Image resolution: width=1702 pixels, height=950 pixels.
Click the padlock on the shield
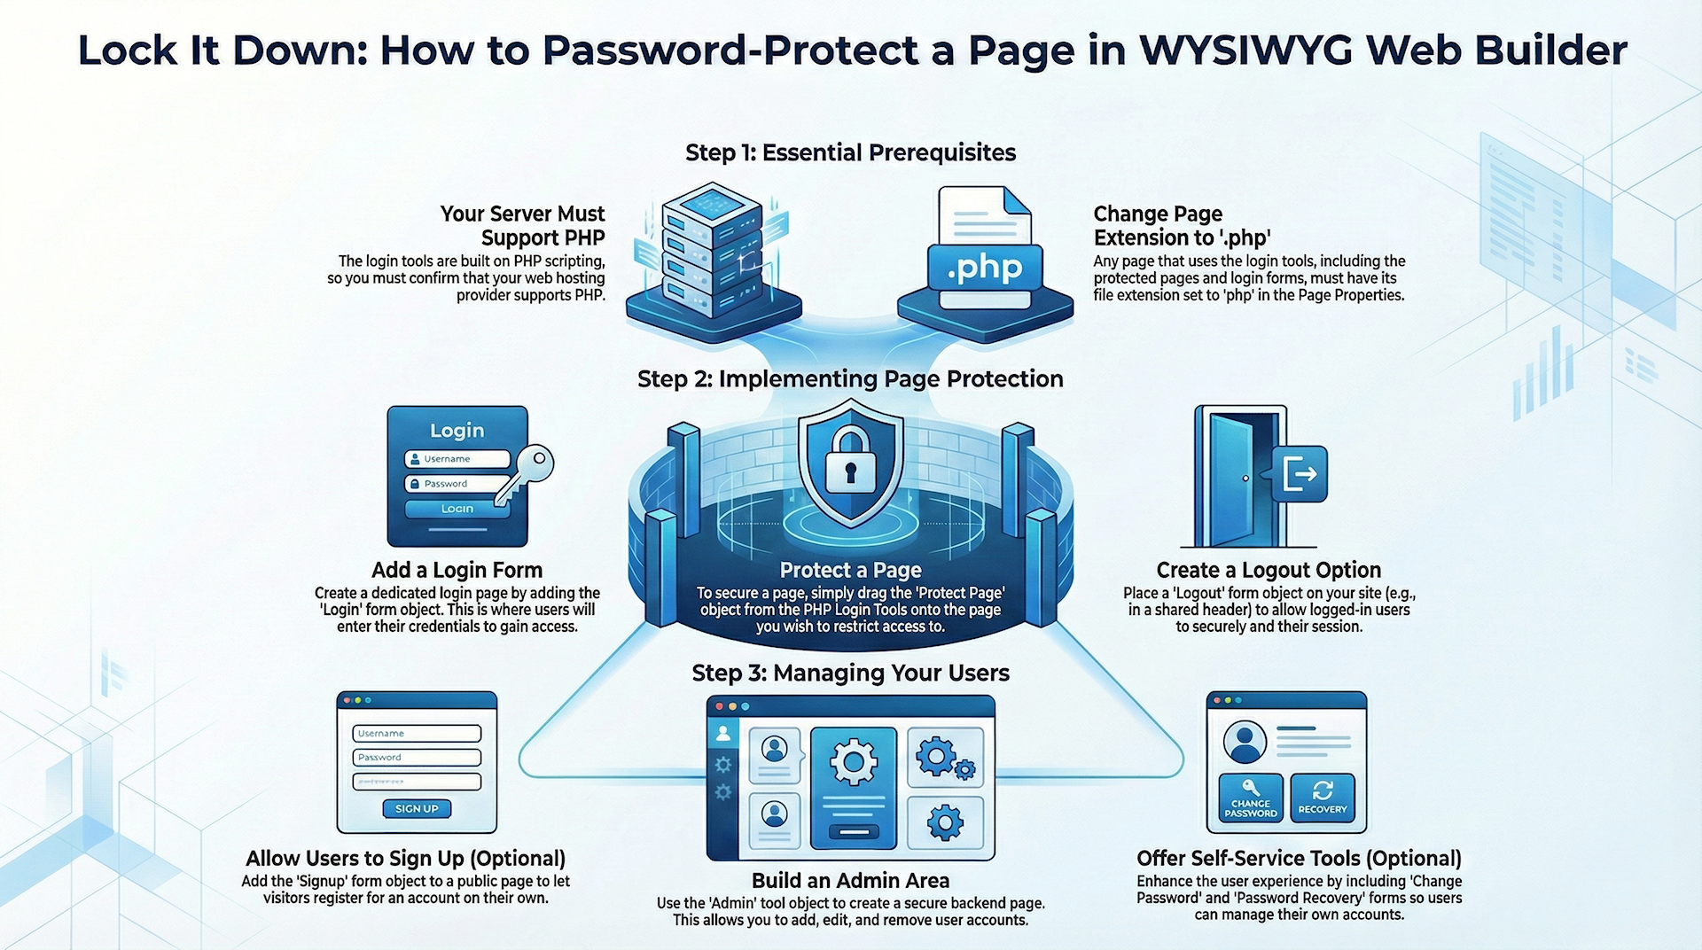(850, 462)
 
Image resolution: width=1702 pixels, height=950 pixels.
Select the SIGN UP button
(417, 808)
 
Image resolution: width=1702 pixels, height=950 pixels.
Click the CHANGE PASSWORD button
(1250, 798)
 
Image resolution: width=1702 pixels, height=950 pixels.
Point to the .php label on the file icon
(984, 268)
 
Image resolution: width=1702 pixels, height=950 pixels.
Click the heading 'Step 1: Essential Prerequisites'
(850, 152)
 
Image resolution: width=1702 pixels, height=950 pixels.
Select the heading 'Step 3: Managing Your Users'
(850, 673)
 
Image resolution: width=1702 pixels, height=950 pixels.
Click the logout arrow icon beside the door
(1300, 473)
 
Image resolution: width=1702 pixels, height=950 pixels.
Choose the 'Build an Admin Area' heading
(850, 880)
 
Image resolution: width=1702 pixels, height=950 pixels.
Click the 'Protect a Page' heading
(850, 570)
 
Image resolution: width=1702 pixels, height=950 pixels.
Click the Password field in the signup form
(417, 757)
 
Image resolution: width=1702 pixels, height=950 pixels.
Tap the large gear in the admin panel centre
(853, 761)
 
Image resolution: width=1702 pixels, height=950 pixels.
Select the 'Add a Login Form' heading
(457, 570)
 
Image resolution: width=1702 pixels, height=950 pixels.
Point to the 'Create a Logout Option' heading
(1269, 570)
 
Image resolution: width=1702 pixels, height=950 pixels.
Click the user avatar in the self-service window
(1245, 741)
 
